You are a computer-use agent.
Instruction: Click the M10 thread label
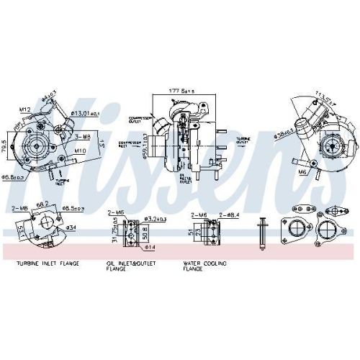[81, 150]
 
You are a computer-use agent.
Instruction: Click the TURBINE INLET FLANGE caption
[48, 264]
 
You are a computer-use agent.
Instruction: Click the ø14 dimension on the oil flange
[148, 247]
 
